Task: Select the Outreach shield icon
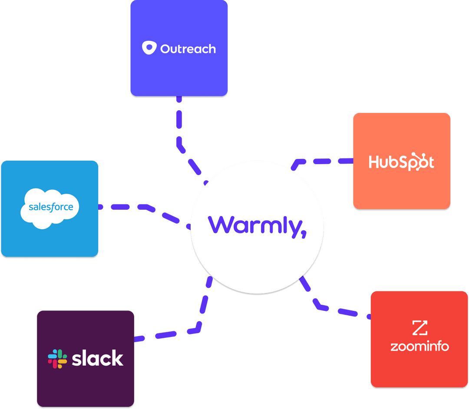(149, 48)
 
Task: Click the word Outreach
(188, 49)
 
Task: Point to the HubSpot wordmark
(401, 162)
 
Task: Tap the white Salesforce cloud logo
(50, 208)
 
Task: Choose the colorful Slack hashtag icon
(57, 359)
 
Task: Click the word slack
(97, 358)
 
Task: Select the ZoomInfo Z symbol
(419, 327)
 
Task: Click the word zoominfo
(419, 346)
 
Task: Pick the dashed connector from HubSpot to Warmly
(324, 161)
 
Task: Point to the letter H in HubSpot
(374, 162)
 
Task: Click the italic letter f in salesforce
(54, 207)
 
